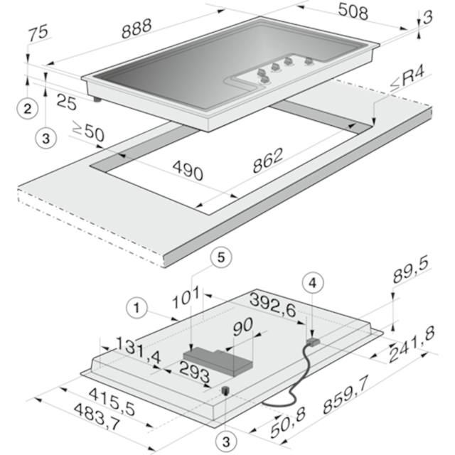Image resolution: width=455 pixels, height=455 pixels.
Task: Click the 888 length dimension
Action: point(136,28)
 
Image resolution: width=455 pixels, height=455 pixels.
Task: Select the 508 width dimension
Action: point(353,11)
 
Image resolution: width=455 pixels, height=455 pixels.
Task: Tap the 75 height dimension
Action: point(38,33)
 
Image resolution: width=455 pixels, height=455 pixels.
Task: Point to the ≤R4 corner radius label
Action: point(407,79)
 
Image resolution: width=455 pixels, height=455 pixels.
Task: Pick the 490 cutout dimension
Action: point(188,170)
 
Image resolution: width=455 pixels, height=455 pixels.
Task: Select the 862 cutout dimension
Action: point(267,161)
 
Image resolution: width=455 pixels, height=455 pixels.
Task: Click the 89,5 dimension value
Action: point(411,270)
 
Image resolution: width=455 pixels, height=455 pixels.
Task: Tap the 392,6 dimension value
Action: point(273,305)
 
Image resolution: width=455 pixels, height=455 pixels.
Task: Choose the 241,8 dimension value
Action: point(412,344)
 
